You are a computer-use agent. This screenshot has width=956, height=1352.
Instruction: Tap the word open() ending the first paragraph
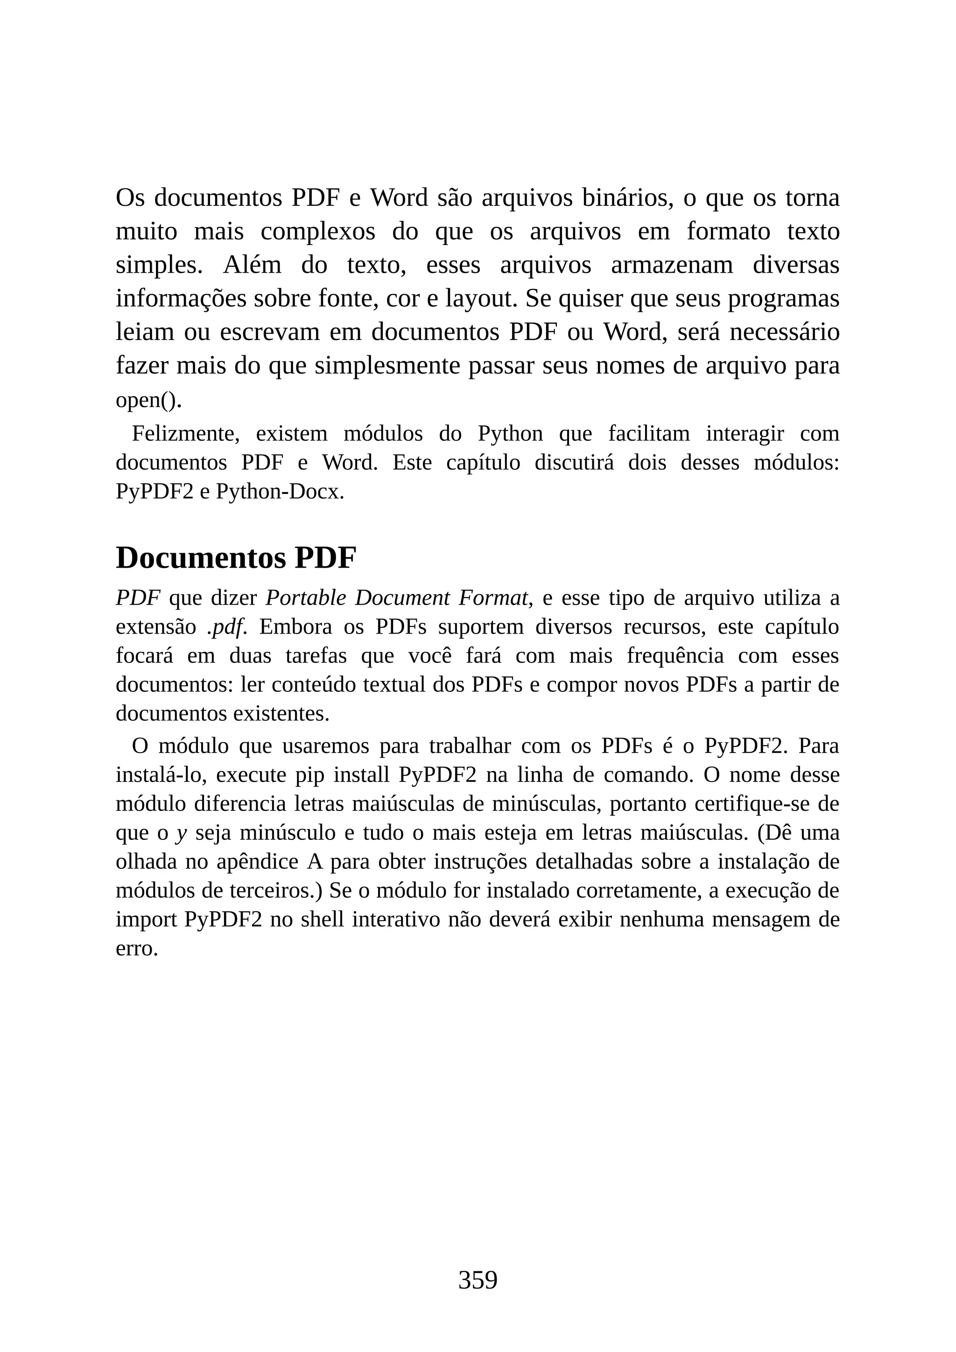point(148,401)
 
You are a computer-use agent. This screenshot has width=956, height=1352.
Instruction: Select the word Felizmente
point(185,434)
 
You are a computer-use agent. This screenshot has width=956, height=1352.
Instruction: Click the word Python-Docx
point(280,492)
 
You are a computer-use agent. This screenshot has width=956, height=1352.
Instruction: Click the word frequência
point(675,656)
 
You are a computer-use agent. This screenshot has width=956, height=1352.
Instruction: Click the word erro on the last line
point(137,949)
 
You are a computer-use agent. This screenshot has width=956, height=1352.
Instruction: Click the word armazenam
point(672,265)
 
